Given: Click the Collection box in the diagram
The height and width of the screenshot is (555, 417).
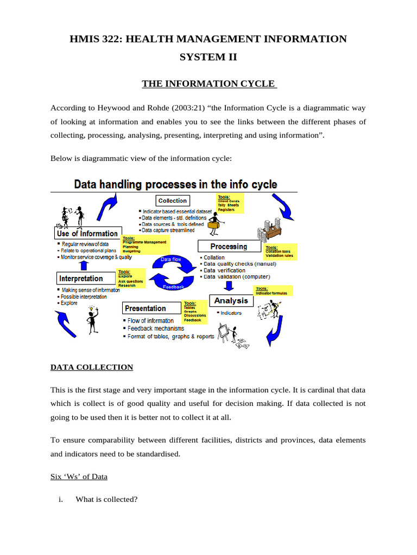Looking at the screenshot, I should pyautogui.click(x=173, y=201).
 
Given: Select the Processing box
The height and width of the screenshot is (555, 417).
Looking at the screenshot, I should pyautogui.click(x=228, y=247).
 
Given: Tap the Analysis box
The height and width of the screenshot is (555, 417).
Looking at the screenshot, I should pyautogui.click(x=231, y=301).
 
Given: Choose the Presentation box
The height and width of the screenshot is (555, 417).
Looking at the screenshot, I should pyautogui.click(x=145, y=308).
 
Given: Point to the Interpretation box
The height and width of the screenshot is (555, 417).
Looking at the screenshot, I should pyautogui.click(x=81, y=279).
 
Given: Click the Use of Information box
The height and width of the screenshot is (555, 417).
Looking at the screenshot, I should pyautogui.click(x=87, y=234).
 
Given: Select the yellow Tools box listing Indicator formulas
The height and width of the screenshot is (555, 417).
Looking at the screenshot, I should pyautogui.click(x=273, y=291).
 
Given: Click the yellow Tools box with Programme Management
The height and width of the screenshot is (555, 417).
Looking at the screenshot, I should pyautogui.click(x=145, y=244).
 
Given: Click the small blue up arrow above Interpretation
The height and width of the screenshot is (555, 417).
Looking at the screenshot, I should pyautogui.click(x=83, y=265).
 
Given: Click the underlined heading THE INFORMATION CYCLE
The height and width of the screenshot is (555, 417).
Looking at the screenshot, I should pyautogui.click(x=209, y=83).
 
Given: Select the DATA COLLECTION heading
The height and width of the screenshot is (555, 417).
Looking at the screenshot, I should pyautogui.click(x=92, y=367).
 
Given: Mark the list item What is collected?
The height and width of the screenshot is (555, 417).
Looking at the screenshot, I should pyautogui.click(x=106, y=499).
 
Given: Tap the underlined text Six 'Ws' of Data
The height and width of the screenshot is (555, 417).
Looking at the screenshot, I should pyautogui.click(x=79, y=476).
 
